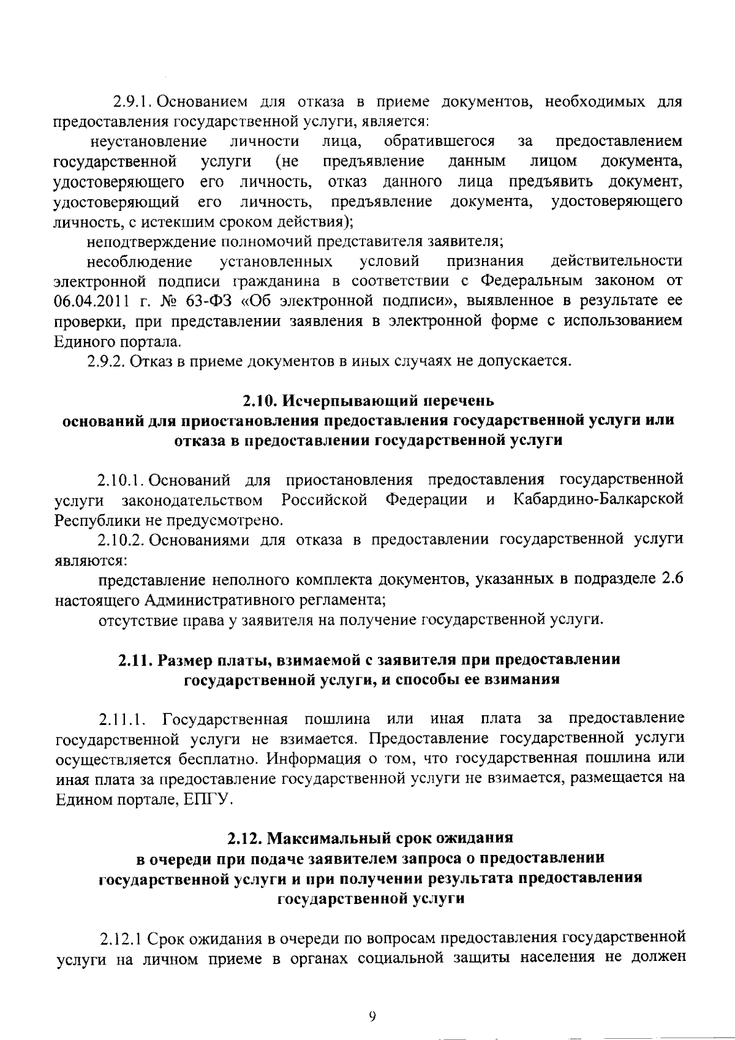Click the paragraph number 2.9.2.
coord(108,361)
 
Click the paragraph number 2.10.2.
coord(120,539)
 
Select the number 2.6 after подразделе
coord(673,579)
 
